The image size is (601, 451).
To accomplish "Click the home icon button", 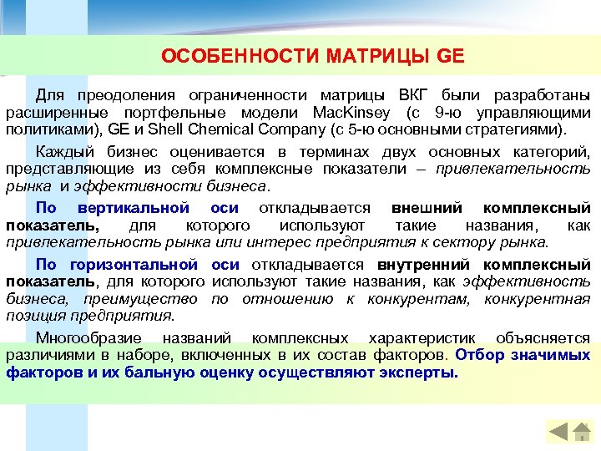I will pyautogui.click(x=581, y=432).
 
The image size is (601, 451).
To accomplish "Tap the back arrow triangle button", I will pyautogui.click(x=558, y=432).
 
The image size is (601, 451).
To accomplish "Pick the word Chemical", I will pyautogui.click(x=225, y=130).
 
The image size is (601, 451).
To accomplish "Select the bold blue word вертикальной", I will pyautogui.click(x=133, y=207).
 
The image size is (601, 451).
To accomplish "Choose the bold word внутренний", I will pyautogui.click(x=424, y=264).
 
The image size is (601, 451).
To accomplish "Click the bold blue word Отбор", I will pyautogui.click(x=477, y=354).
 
